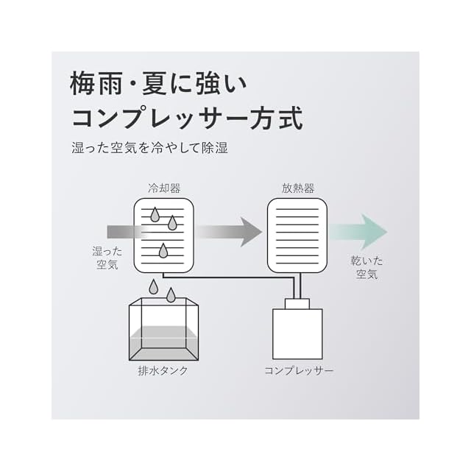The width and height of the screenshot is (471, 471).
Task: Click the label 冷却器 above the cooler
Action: click(163, 188)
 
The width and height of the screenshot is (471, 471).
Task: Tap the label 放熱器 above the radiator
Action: click(297, 188)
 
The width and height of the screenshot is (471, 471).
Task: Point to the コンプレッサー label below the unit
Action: click(298, 370)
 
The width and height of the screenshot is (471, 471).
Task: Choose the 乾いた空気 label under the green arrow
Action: click(366, 267)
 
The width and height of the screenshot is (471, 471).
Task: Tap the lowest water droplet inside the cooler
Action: click(163, 252)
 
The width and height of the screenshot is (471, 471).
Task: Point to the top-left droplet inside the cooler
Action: click(155, 214)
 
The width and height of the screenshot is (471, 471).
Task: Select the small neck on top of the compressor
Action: click(297, 302)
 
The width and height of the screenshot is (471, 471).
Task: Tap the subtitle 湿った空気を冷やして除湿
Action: click(150, 148)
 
